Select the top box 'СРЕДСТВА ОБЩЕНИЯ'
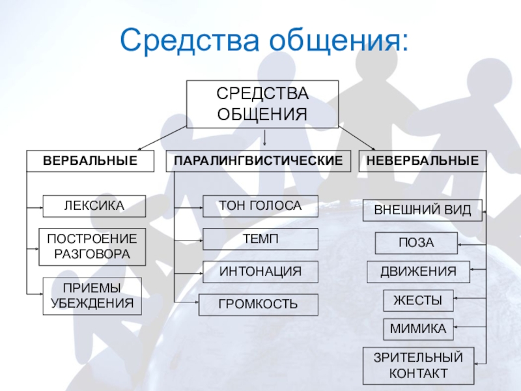(262, 104)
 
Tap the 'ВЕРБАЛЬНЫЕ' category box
(91, 160)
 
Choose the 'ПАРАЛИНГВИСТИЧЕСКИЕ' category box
(259, 160)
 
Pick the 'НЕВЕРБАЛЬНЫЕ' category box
(423, 160)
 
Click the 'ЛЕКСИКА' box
(94, 206)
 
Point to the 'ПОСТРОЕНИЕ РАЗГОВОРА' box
(92, 246)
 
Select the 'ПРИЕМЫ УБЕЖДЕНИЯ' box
(92, 296)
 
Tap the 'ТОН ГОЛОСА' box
(260, 206)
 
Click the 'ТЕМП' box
(260, 239)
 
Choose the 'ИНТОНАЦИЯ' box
(260, 272)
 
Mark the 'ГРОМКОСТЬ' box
(259, 304)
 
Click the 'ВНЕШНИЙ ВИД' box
(422, 210)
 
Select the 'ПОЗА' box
(416, 243)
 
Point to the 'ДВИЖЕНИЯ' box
(418, 272)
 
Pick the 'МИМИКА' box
(417, 329)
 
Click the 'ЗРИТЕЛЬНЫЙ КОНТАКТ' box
(417, 365)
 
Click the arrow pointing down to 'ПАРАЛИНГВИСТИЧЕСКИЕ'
(265, 138)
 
